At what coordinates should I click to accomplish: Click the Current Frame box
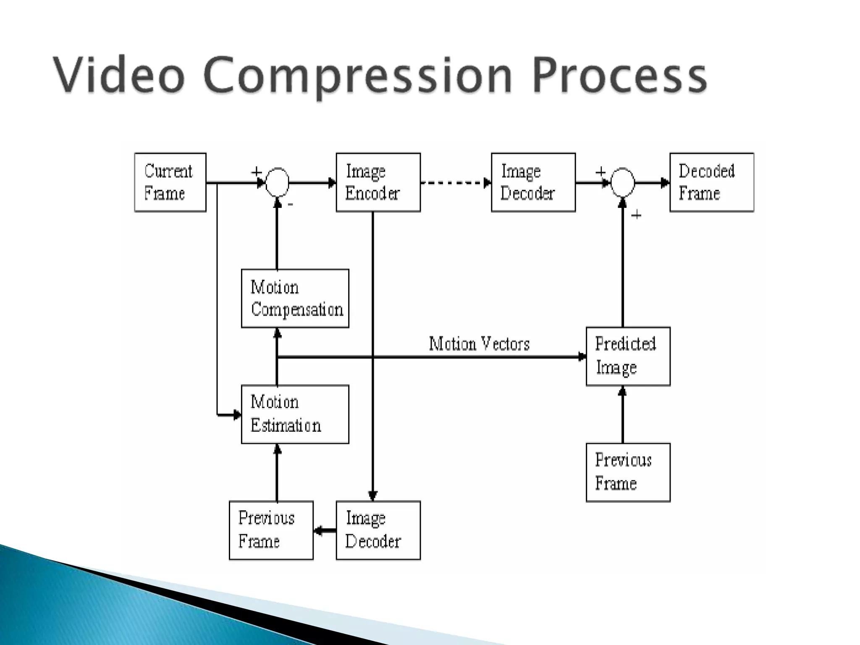click(x=170, y=182)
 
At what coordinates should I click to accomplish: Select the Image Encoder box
click(x=378, y=182)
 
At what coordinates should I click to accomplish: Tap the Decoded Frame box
click(x=711, y=182)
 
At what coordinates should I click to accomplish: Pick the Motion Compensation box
click(x=295, y=298)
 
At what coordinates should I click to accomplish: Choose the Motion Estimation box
click(x=295, y=414)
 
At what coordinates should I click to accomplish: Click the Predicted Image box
click(x=628, y=356)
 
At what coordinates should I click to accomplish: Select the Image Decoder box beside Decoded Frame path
click(x=533, y=182)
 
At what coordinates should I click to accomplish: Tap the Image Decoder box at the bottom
click(x=378, y=530)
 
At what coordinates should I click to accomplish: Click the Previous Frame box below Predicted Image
click(x=628, y=472)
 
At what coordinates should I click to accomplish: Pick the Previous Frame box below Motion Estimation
click(x=271, y=530)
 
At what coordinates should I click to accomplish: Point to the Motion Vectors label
click(x=479, y=344)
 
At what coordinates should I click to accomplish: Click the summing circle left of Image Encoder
click(x=278, y=182)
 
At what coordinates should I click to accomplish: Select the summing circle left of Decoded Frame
click(x=622, y=182)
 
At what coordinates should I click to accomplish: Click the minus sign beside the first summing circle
click(x=291, y=205)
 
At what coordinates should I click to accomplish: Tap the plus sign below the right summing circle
click(x=637, y=215)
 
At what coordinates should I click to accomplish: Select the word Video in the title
click(x=119, y=76)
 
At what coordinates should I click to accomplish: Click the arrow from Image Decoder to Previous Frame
click(x=325, y=531)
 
